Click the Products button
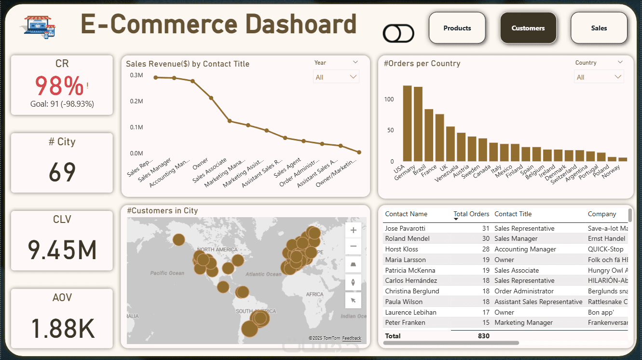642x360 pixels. [457, 28]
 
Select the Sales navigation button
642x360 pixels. [599, 28]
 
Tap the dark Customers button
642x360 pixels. [528, 28]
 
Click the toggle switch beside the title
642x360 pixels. [398, 34]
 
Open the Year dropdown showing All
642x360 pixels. [336, 77]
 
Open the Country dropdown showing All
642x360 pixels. [599, 77]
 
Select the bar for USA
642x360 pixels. [407, 124]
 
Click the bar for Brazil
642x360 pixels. [428, 135]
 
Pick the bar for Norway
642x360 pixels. [623, 159]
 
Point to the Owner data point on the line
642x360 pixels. [211, 98]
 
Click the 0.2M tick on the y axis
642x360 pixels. [137, 101]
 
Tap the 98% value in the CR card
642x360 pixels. [59, 86]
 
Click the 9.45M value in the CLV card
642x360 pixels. [62, 249]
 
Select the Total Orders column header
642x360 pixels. [471, 214]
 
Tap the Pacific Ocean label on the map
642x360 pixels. [167, 273]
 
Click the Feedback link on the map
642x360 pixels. [352, 339]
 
